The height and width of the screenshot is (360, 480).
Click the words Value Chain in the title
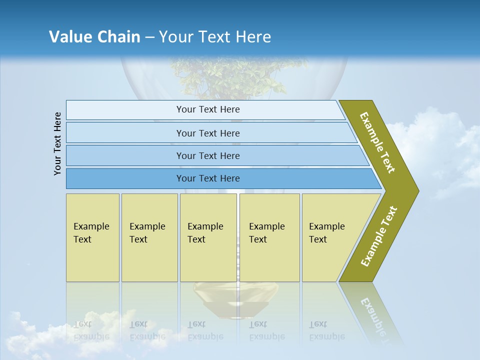pyautogui.click(x=94, y=37)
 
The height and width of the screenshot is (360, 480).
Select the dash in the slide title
pyautogui.click(x=149, y=37)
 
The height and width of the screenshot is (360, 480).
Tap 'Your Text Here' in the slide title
pyautogui.click(x=215, y=37)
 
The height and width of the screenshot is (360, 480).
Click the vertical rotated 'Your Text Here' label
pyautogui.click(x=57, y=143)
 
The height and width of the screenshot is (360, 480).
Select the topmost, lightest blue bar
pyautogui.click(x=207, y=109)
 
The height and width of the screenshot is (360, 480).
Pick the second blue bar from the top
pyautogui.click(x=207, y=133)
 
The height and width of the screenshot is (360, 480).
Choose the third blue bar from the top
pyautogui.click(x=207, y=155)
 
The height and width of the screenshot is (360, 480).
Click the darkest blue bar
pyautogui.click(x=207, y=178)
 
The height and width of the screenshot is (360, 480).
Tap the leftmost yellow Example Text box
pyautogui.click(x=92, y=237)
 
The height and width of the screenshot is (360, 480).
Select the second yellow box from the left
pyautogui.click(x=149, y=237)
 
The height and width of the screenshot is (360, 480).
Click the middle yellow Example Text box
pyautogui.click(x=208, y=237)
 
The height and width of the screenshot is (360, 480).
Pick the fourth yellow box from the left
pyautogui.click(x=269, y=237)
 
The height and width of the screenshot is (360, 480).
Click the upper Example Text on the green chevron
pyautogui.click(x=377, y=142)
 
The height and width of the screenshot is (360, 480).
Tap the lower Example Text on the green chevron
pyautogui.click(x=379, y=236)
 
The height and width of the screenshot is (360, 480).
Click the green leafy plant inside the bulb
pyautogui.click(x=235, y=75)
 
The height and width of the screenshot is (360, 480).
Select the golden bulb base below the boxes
pyautogui.click(x=235, y=297)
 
